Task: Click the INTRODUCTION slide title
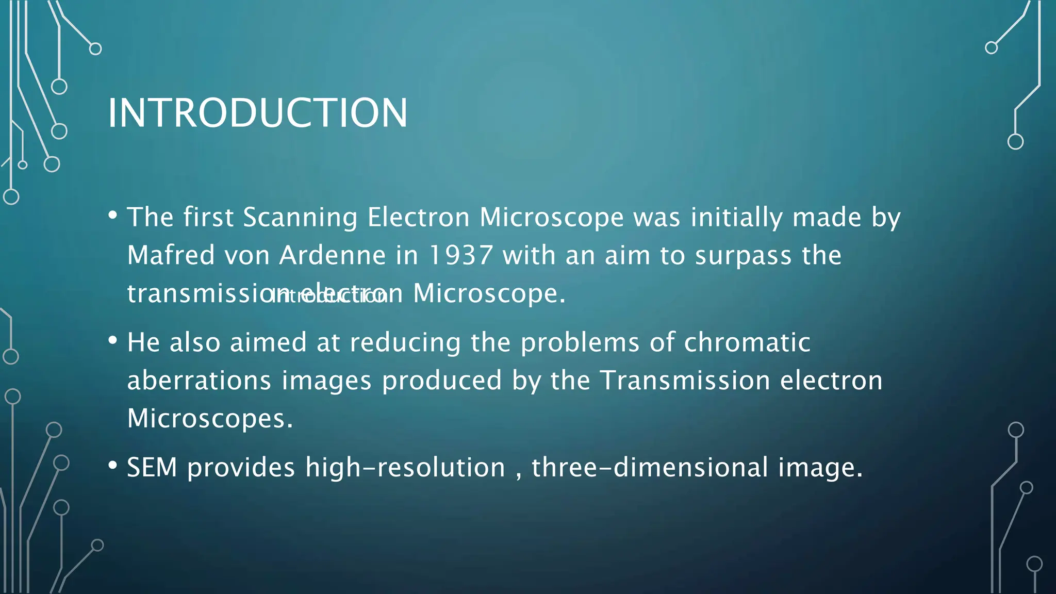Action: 257,113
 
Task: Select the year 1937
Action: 460,255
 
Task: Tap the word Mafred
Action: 171,255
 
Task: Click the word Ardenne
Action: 332,255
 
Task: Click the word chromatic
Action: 747,342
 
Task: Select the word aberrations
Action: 199,381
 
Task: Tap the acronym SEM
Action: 152,468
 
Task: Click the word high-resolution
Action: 405,468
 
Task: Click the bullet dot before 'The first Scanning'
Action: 113,215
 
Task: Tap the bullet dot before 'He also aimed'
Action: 113,340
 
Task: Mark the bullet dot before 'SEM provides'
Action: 113,466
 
